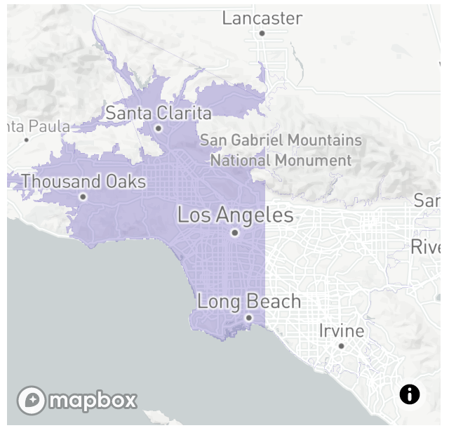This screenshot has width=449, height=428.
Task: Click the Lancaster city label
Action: (x=262, y=18)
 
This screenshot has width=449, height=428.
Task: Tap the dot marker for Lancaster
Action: (x=262, y=33)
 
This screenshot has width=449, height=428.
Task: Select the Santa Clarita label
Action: (x=159, y=113)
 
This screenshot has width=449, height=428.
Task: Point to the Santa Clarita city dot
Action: (x=159, y=128)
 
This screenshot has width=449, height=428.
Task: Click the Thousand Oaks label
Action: (x=83, y=182)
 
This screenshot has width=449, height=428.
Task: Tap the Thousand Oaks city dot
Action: (x=83, y=196)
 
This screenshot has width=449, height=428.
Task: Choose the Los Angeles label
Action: (x=235, y=215)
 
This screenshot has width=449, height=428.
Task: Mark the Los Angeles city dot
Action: (x=235, y=233)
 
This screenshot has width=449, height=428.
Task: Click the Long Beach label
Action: (x=249, y=302)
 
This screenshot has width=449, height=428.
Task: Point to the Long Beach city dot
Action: (x=248, y=318)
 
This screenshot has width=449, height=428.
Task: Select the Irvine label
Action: (x=342, y=330)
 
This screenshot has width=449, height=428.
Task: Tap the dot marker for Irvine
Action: (x=341, y=346)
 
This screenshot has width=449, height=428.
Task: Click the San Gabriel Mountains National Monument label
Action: (x=281, y=150)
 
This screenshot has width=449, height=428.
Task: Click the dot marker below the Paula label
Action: (x=27, y=140)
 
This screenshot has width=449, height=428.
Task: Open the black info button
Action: (x=410, y=394)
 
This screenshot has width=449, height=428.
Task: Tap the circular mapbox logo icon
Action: (x=32, y=400)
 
